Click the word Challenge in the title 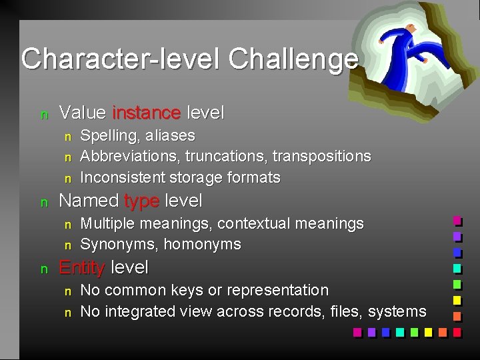pos(293,59)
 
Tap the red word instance pos(147,113)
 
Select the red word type pos(141,201)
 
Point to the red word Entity pos(82,267)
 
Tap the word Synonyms pos(117,245)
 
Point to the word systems pos(397,311)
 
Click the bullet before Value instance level pos(44,114)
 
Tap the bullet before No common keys pos(66,291)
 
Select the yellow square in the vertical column pos(457,300)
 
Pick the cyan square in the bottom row pos(399,331)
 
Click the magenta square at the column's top pos(457,220)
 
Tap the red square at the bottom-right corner pos(457,331)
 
